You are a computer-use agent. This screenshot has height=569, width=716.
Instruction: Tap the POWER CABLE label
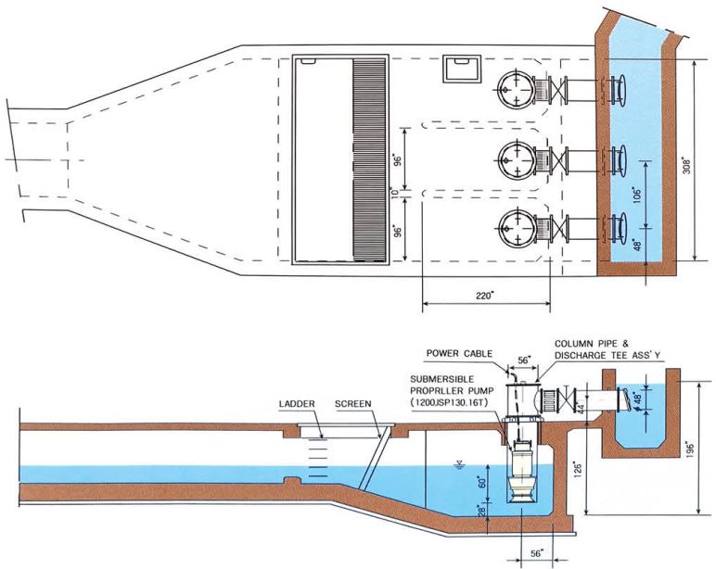pos(456,353)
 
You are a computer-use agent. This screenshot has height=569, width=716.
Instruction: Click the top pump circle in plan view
pos(515,89)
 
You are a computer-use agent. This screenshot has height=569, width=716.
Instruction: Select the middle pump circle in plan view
pos(515,158)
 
